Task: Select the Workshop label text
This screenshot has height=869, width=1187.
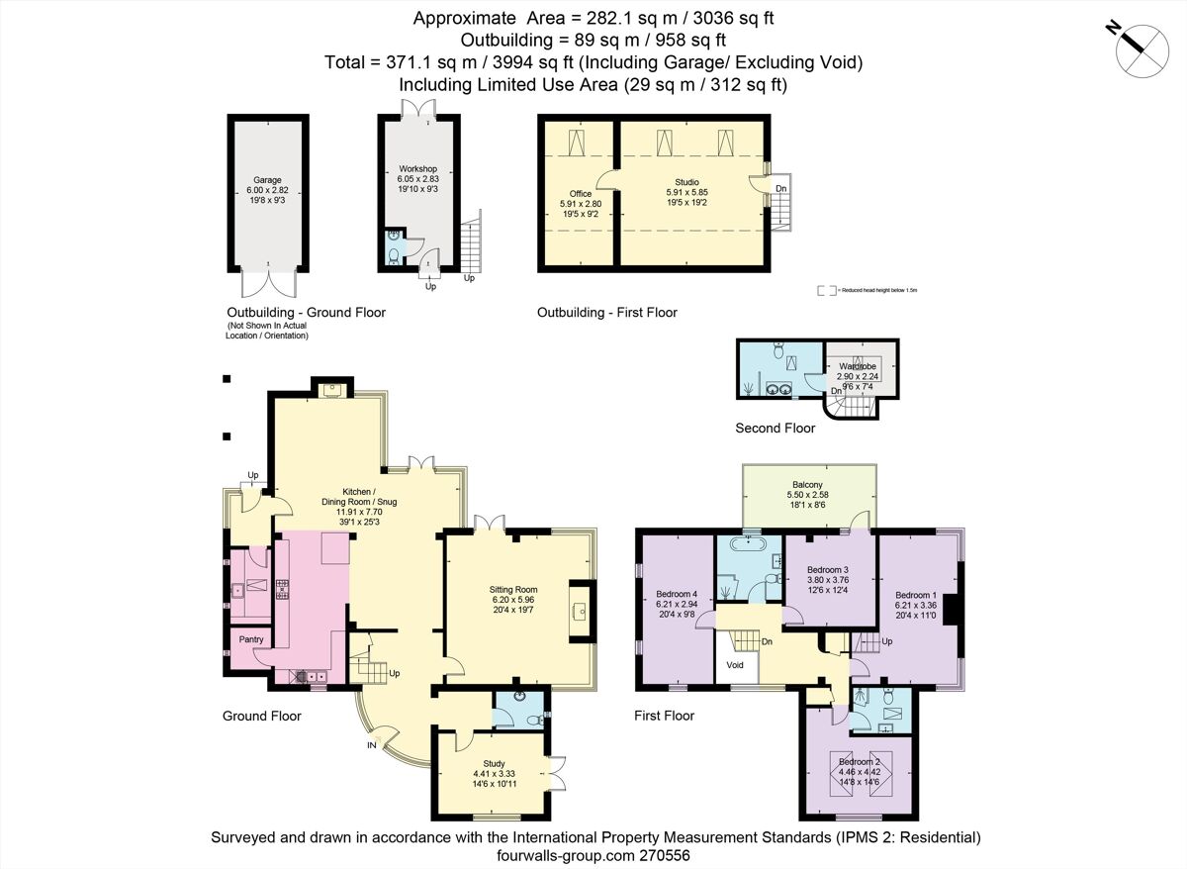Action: click(417, 169)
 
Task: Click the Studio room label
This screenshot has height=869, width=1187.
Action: click(687, 182)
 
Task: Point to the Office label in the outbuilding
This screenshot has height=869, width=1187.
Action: click(581, 194)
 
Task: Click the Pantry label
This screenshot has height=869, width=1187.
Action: click(251, 640)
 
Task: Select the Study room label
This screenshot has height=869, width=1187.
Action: click(495, 763)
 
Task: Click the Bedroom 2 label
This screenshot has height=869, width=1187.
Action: click(853, 761)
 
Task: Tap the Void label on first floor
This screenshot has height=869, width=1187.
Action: click(736, 665)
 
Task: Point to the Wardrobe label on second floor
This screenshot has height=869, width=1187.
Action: click(857, 366)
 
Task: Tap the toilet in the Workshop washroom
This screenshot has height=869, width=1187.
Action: click(394, 255)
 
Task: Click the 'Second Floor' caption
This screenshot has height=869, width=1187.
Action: click(776, 429)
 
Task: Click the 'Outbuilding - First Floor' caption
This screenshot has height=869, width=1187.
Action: click(606, 313)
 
